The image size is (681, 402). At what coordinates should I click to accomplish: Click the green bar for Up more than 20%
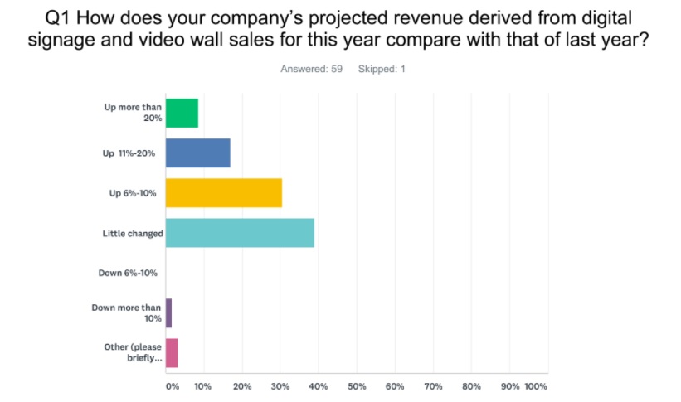[x=182, y=113]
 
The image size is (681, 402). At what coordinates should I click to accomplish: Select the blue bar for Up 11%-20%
[x=197, y=153]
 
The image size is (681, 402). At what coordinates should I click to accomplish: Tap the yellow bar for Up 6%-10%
[x=224, y=193]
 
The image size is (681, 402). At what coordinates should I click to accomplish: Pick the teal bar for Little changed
[x=240, y=233]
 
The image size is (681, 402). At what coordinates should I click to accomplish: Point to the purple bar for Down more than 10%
[x=168, y=313]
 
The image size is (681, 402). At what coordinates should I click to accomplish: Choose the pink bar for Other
[x=172, y=353]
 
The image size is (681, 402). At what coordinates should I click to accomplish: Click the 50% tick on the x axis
[x=357, y=386]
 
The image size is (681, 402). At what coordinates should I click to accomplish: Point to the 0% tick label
[x=171, y=386]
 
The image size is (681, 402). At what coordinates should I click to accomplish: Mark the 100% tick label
[x=536, y=386]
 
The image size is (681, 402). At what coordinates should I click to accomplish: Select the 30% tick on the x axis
[x=280, y=386]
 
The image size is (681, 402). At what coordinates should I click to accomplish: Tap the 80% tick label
[x=471, y=386]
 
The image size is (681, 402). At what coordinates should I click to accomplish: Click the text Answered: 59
[x=309, y=69]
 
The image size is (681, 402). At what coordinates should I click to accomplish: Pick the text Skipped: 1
[x=382, y=69]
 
